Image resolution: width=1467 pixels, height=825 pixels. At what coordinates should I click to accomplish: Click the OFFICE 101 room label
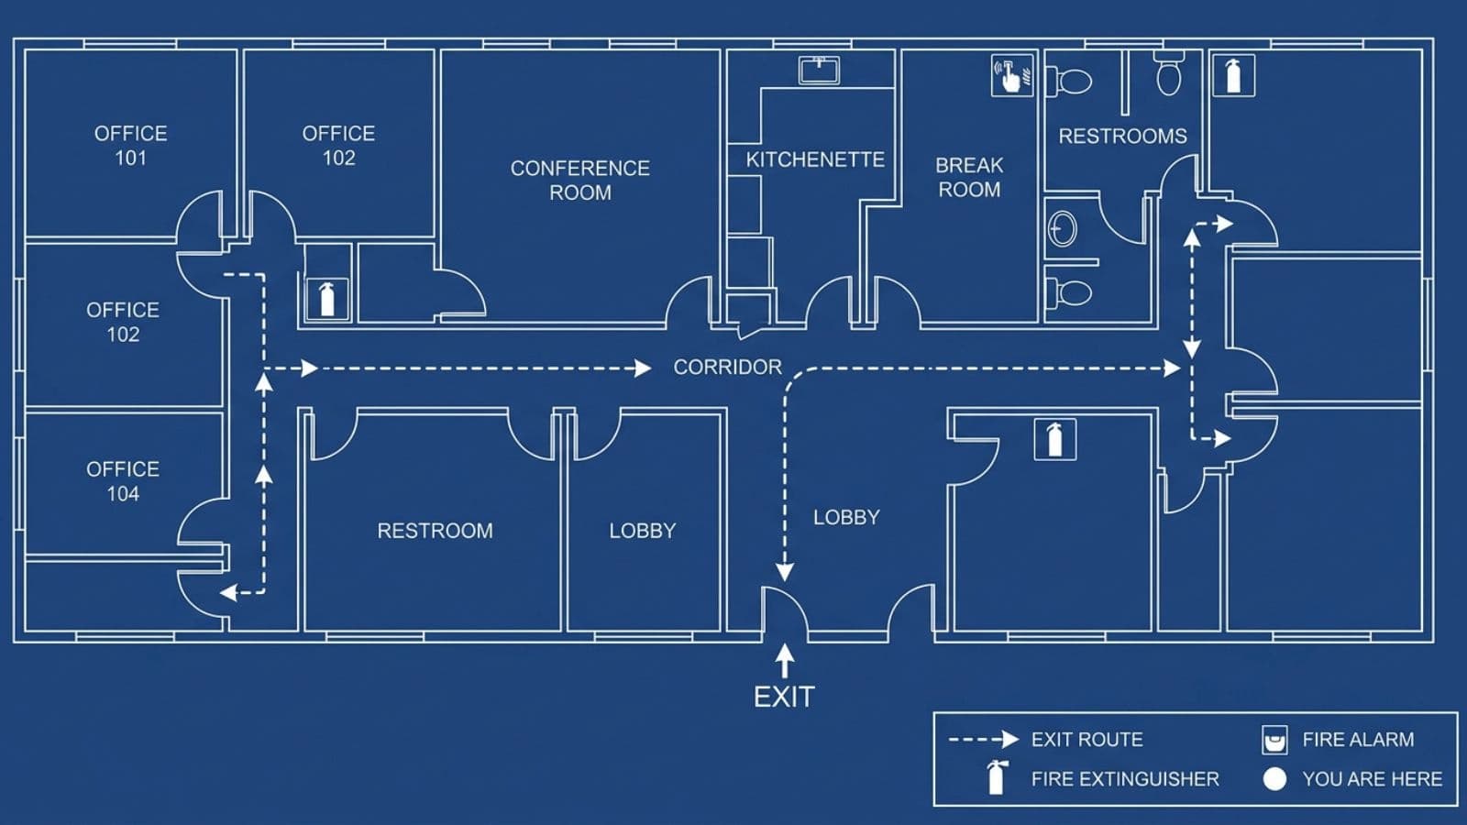click(x=131, y=146)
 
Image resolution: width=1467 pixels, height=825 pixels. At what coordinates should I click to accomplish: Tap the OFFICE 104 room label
click(x=123, y=481)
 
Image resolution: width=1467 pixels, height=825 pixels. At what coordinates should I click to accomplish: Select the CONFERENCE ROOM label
click(x=580, y=180)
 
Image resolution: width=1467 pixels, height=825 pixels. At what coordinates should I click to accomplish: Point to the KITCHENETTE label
click(x=815, y=159)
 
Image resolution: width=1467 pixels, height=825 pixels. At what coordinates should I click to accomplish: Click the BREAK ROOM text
click(x=969, y=177)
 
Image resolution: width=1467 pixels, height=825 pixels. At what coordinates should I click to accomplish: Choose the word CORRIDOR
click(x=728, y=367)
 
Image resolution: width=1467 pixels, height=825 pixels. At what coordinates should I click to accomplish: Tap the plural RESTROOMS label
click(x=1122, y=136)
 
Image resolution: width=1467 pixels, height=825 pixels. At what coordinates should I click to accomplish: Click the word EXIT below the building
click(x=784, y=697)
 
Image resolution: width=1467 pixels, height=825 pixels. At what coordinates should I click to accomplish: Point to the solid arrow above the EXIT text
click(x=785, y=661)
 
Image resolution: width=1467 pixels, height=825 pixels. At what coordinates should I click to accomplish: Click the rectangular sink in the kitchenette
click(x=819, y=70)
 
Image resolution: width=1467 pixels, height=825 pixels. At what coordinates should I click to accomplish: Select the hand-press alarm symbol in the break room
click(x=1012, y=75)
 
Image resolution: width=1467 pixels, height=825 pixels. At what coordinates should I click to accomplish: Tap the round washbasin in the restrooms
click(x=1063, y=228)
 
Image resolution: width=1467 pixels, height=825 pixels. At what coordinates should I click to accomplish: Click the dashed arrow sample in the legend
click(x=985, y=739)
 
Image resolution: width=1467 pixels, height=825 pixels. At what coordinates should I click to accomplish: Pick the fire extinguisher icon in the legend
click(x=996, y=777)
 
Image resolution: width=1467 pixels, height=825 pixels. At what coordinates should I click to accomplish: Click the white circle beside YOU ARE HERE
click(x=1274, y=779)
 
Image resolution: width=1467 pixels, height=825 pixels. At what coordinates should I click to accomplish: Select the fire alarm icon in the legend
click(x=1274, y=740)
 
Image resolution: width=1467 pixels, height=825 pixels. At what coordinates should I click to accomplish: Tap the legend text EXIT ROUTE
click(x=1087, y=739)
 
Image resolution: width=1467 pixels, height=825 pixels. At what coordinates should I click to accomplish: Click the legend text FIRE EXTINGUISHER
click(x=1125, y=778)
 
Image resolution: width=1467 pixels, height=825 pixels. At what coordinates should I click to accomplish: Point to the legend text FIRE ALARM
click(x=1358, y=739)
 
